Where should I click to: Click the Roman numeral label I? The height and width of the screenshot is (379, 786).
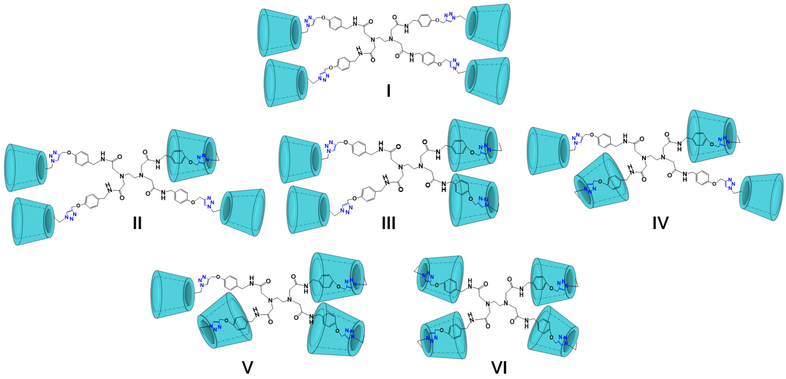point(388,91)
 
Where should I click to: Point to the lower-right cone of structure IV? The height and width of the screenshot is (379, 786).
point(762,197)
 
